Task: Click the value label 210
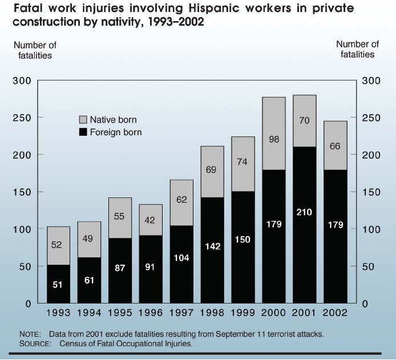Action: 305,212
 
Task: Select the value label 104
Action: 181,258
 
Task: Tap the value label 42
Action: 151,220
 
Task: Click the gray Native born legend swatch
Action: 83,120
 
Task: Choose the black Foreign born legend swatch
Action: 83,132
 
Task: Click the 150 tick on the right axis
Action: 371,192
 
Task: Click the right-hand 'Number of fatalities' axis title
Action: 358,49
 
